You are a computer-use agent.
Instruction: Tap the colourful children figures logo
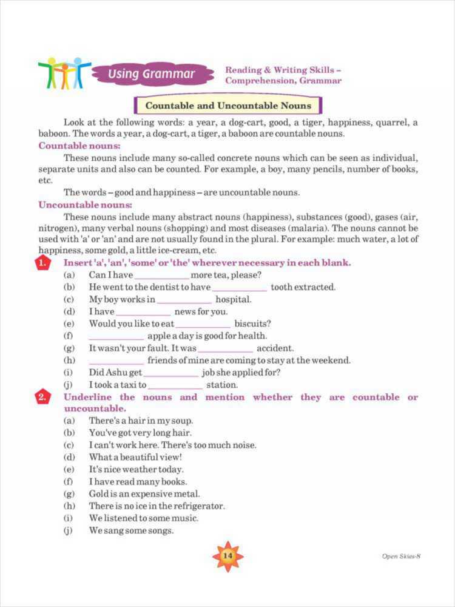click(64, 73)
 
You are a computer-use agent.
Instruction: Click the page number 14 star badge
click(227, 556)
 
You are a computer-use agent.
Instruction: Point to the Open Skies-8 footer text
click(401, 556)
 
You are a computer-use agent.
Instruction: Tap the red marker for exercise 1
click(41, 263)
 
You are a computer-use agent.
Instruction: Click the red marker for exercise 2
click(41, 398)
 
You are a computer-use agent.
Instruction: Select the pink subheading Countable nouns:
click(79, 146)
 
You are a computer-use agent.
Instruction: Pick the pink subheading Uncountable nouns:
click(85, 205)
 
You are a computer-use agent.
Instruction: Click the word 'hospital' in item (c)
click(233, 299)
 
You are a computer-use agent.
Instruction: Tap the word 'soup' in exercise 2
click(182, 421)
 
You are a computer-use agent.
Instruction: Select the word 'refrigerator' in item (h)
click(198, 506)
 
